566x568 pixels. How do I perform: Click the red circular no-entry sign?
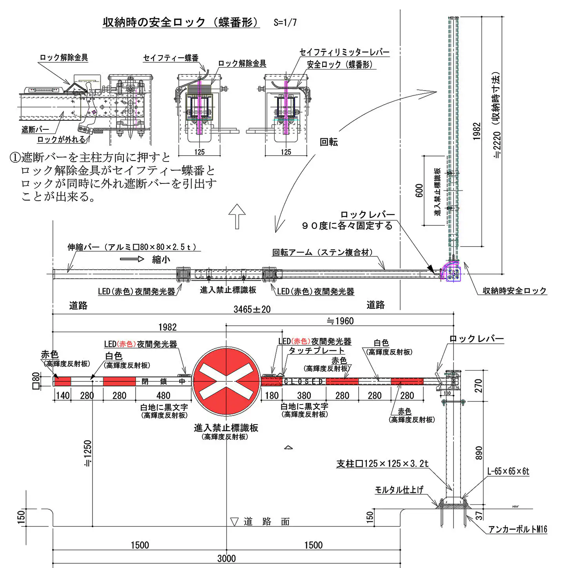coord(226,381)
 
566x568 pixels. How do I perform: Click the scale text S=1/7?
coord(285,22)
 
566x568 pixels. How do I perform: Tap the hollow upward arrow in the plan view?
coord(237,216)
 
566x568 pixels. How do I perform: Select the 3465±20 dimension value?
coord(252,309)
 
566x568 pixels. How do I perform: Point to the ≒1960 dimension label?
coord(340,321)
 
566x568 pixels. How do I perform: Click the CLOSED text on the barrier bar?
coord(304,381)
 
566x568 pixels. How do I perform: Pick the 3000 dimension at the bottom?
coord(227,558)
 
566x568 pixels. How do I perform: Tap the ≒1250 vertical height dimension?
coord(88,453)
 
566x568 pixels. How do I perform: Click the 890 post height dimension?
coord(479,453)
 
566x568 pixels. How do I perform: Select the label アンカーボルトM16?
coord(517,529)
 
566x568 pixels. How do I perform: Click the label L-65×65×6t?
coord(508,471)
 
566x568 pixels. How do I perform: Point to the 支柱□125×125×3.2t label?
coord(382,464)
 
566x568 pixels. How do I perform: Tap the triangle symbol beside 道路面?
coord(234,522)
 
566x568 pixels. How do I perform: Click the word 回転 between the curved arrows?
coord(328,142)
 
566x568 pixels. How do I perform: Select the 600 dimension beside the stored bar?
coord(419,191)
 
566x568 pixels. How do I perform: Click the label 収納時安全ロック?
coord(514,290)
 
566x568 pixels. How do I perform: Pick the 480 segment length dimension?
coord(163,396)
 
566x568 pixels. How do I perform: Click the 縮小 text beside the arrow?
coord(161,259)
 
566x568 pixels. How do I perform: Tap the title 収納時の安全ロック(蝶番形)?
coord(181,22)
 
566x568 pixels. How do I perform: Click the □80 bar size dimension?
coord(36,381)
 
